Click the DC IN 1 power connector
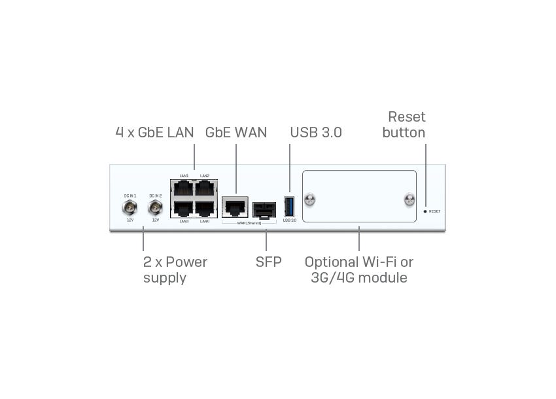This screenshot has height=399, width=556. pos(130,208)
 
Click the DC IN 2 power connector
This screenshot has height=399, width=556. pos(155,208)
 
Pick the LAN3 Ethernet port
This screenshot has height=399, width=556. pos(183,209)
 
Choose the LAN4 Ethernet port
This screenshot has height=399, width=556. pos(205,209)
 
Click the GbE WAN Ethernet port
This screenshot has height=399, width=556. pos(235,207)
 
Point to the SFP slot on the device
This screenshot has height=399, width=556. pos(264,209)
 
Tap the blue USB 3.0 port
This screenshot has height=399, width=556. pos(289,206)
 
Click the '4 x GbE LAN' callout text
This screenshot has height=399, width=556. pos(154,132)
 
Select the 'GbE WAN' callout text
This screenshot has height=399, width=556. pos(236,132)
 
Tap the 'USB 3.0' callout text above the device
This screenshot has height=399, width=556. pos(316,132)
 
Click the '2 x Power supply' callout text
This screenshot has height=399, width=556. pos(175,269)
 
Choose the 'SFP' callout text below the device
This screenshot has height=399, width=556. pos(269,262)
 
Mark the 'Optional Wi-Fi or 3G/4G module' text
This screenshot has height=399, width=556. pos(359,269)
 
